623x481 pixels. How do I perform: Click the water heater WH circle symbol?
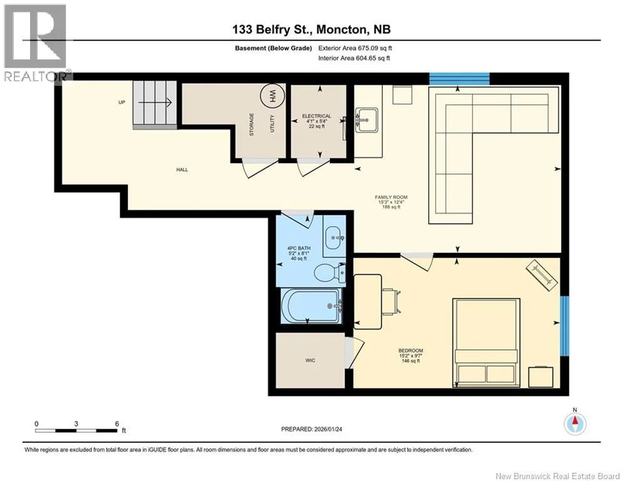[272, 96]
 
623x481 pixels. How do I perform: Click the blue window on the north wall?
[460, 79]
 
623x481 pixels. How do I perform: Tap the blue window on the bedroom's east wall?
[565, 326]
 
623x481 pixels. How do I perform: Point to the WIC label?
[311, 360]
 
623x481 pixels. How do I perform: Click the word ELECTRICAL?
[317, 116]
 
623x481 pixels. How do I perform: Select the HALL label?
[182, 170]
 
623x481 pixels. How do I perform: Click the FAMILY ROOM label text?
[391, 197]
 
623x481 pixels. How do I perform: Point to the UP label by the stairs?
[121, 102]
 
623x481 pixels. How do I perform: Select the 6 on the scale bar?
[117, 424]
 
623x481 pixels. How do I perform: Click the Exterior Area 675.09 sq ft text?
[355, 48]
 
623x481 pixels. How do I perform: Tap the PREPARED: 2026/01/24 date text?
[312, 429]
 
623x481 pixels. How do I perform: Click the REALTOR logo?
[35, 43]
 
